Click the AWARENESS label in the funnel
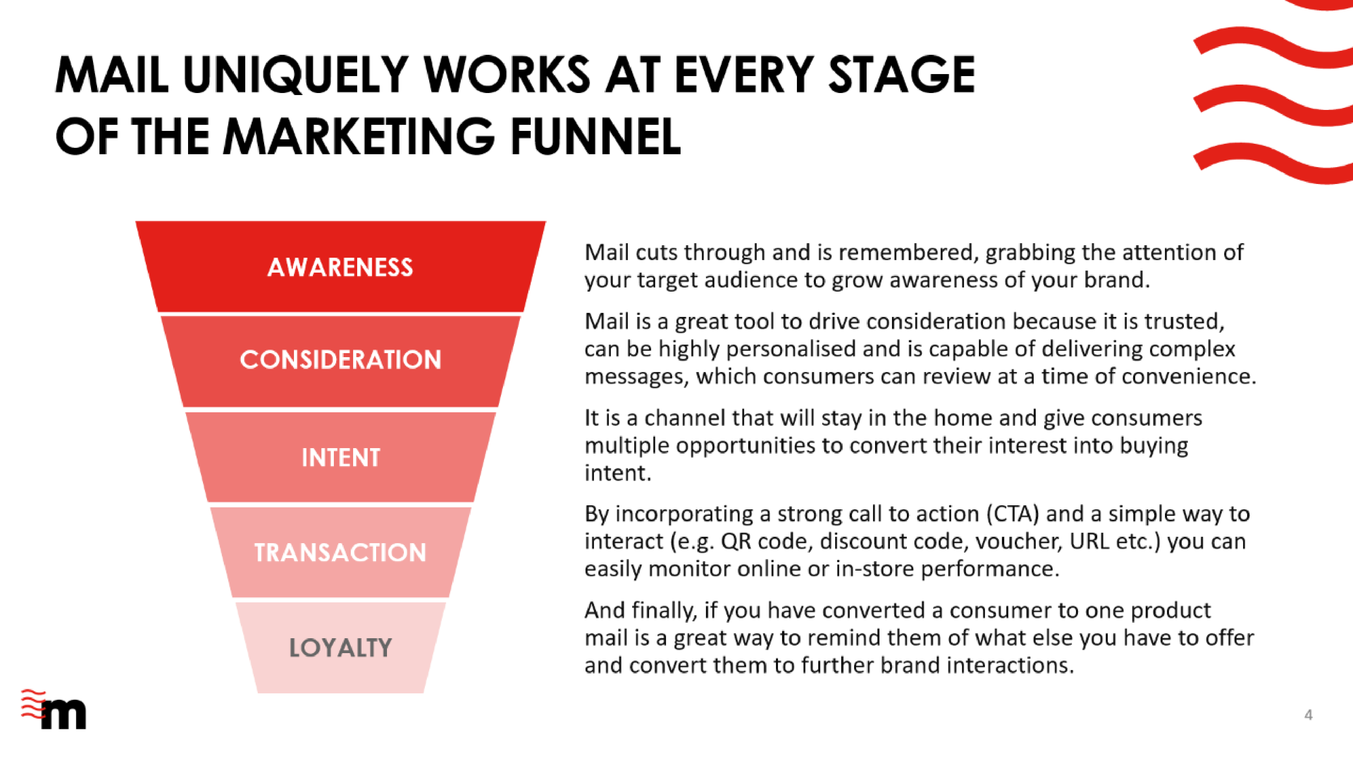pyautogui.click(x=340, y=267)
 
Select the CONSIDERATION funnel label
pyautogui.click(x=340, y=360)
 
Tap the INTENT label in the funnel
pyautogui.click(x=340, y=457)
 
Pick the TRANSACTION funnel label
pyautogui.click(x=340, y=553)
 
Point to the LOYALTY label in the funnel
pyautogui.click(x=340, y=648)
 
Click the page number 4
pyautogui.click(x=1308, y=715)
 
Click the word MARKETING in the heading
pyautogui.click(x=359, y=137)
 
